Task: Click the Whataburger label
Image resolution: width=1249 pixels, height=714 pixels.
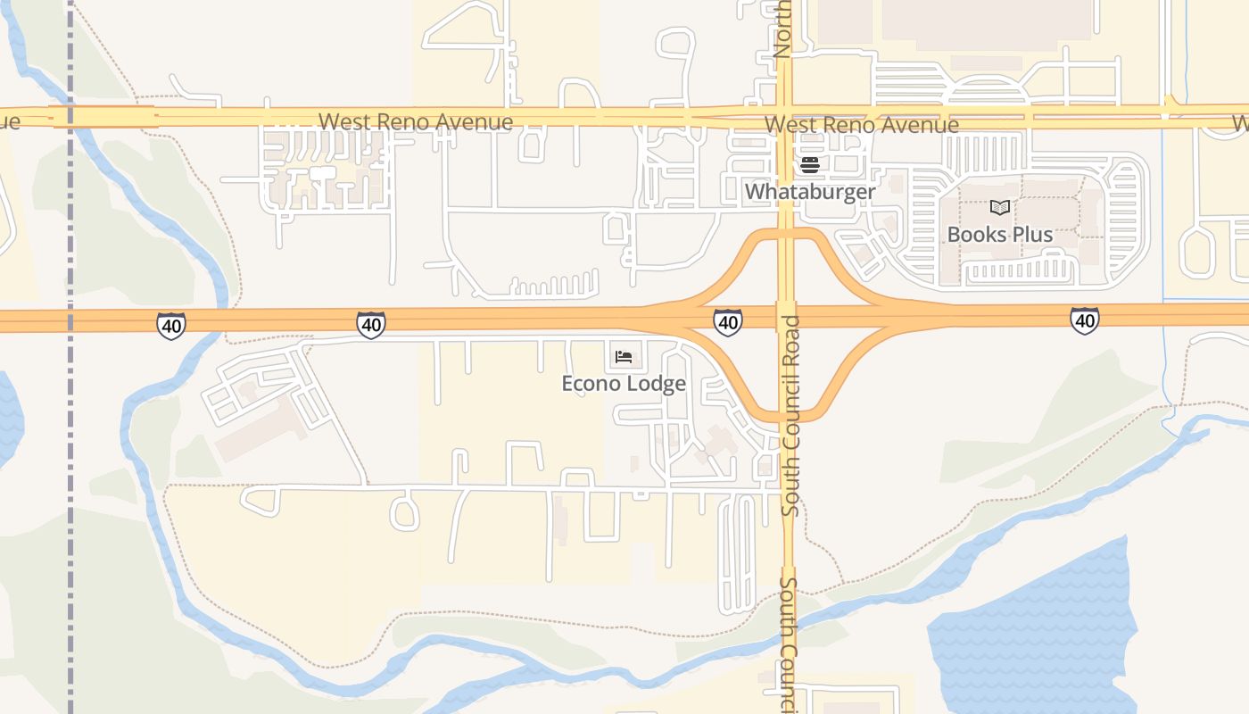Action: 810,192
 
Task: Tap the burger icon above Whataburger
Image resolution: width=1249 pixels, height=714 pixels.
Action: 810,164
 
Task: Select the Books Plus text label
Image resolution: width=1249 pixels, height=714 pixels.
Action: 999,235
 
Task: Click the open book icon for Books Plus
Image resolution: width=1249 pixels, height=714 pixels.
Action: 1000,207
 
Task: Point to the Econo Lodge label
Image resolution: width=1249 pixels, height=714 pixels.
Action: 624,384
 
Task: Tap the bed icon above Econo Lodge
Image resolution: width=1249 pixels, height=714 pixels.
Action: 624,357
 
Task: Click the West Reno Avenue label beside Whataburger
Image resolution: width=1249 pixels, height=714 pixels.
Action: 862,125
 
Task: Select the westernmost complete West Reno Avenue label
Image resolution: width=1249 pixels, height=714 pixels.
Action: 416,121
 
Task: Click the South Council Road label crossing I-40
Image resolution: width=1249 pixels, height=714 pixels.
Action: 790,416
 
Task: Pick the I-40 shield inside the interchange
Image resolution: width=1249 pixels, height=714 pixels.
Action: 728,321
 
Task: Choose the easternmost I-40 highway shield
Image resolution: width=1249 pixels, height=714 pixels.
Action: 1085,320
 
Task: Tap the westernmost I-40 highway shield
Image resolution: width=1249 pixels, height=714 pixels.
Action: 170,326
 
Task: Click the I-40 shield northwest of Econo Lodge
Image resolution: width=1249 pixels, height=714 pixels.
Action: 370,325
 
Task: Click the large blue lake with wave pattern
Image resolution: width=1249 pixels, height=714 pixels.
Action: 1035,634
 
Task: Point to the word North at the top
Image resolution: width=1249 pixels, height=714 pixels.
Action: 782,29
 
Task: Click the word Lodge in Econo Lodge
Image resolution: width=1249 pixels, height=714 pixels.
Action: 656,384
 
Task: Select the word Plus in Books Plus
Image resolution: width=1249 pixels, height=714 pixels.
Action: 1031,235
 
